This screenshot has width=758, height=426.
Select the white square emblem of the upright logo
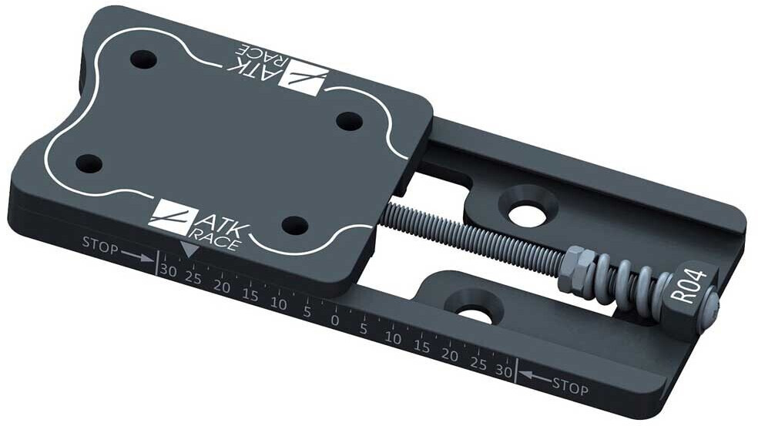(x=169, y=216)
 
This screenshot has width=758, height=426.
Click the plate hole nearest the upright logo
(x=295, y=225)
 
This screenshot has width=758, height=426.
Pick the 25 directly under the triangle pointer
(x=193, y=277)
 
